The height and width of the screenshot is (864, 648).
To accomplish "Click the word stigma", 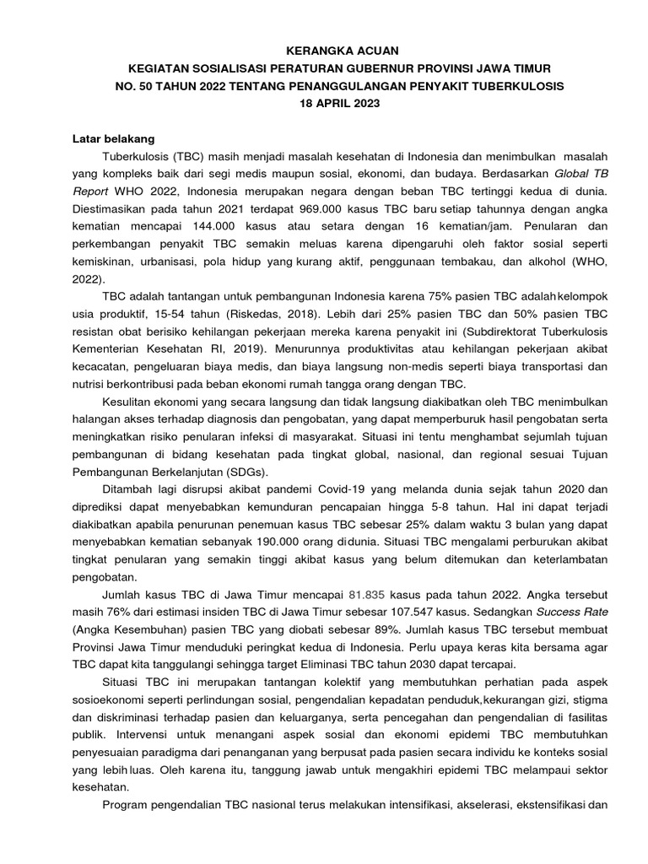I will click(x=588, y=700).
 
